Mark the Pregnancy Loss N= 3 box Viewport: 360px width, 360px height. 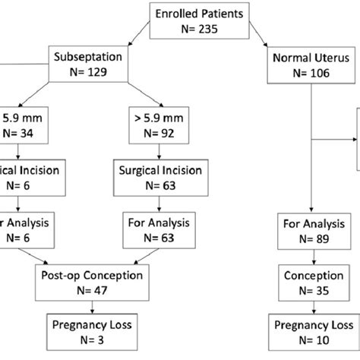coord(92,331)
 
